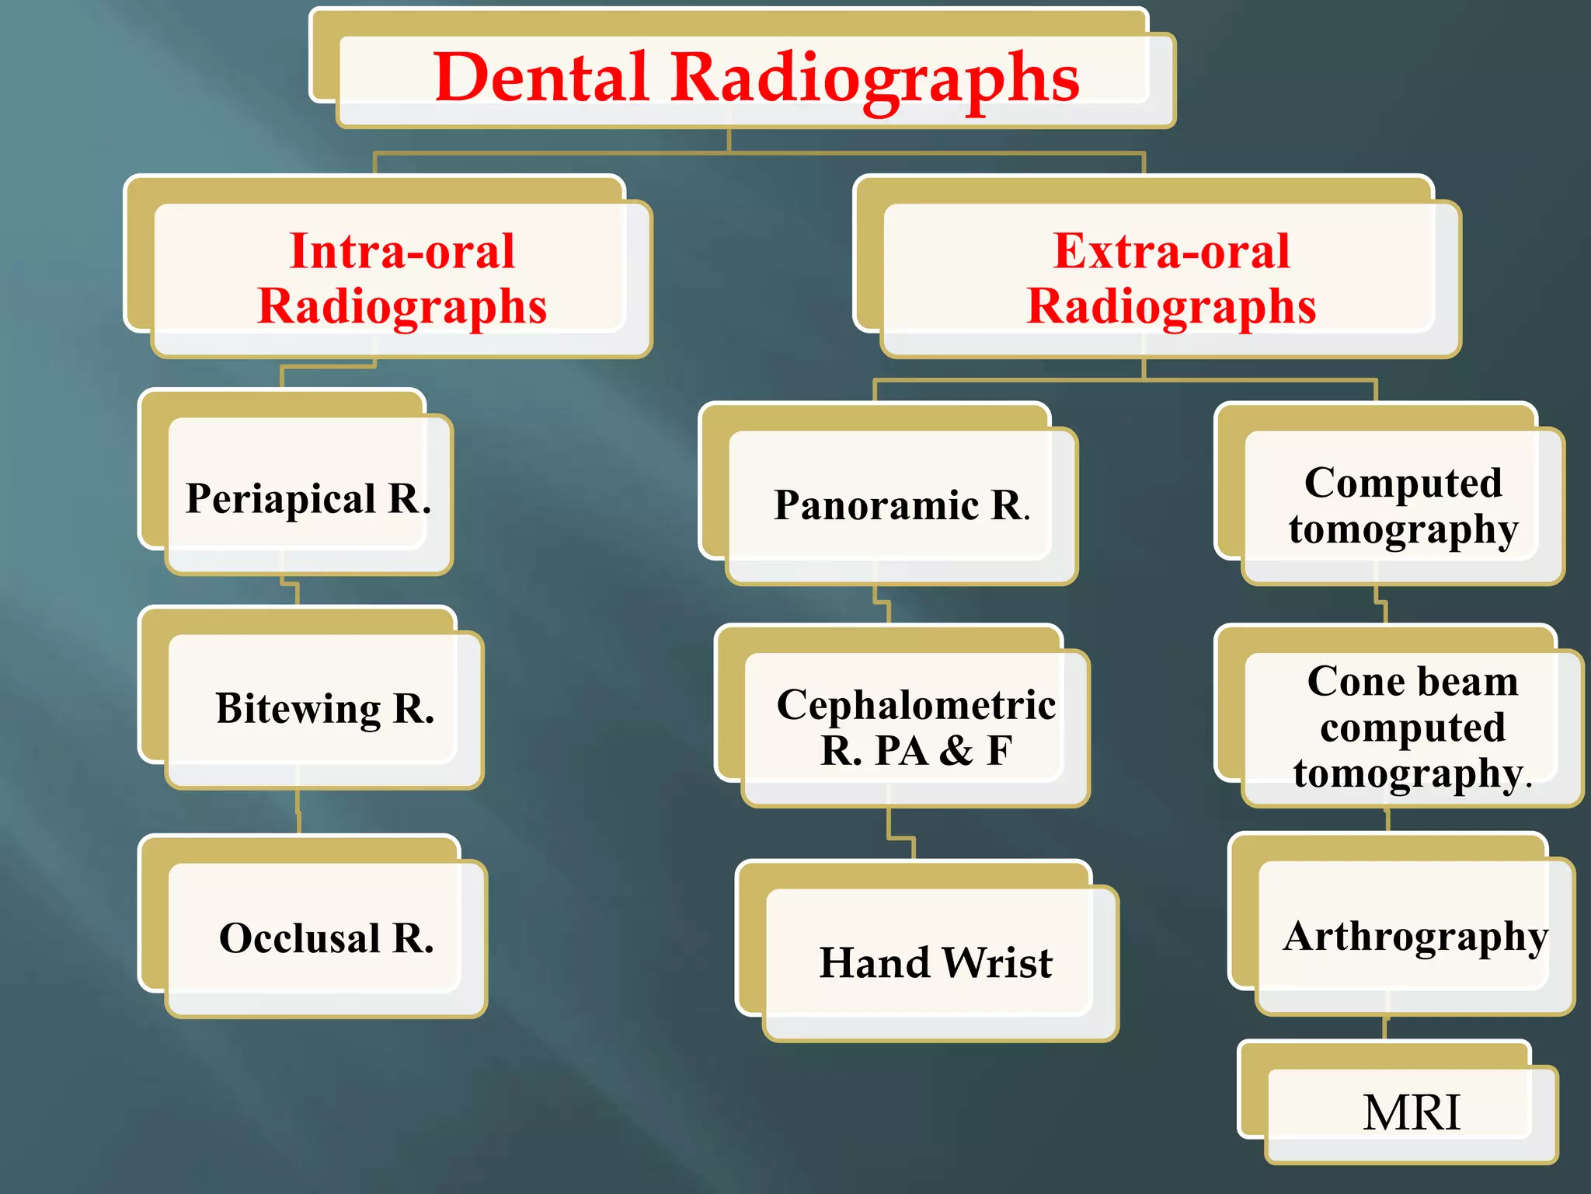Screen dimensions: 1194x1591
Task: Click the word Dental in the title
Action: tap(541, 77)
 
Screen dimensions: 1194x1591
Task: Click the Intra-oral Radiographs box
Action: tap(402, 278)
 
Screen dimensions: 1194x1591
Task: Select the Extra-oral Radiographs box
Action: tap(1171, 278)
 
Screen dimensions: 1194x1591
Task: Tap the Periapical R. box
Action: tap(308, 497)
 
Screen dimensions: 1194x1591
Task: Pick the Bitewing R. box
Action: tap(324, 708)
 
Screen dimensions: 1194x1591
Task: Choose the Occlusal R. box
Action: tap(326, 937)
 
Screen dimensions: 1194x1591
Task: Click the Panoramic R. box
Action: tap(901, 505)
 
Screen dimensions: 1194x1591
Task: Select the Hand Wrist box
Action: tap(936, 962)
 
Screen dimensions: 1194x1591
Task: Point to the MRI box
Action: tap(1411, 1112)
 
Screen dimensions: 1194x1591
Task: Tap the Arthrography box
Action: tap(1414, 936)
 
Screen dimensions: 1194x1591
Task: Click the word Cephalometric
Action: tap(916, 704)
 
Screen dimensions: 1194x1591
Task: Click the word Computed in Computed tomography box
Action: tap(1403, 482)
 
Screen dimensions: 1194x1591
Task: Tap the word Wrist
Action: tap(997, 962)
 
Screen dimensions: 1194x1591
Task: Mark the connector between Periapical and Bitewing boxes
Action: tap(291, 591)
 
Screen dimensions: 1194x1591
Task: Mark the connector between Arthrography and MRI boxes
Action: tap(1385, 1028)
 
